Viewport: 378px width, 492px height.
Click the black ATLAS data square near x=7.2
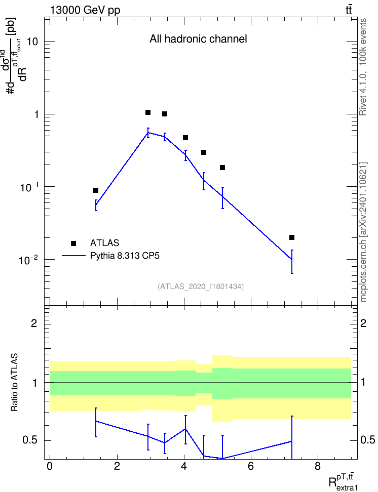click(x=291, y=237)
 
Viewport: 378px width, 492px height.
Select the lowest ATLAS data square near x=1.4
click(x=96, y=190)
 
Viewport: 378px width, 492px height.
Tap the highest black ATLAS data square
click(x=147, y=112)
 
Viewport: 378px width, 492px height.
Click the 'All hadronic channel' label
click(x=198, y=39)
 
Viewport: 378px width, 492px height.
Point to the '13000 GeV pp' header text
click(x=85, y=10)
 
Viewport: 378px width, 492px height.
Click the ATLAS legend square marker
click(x=73, y=243)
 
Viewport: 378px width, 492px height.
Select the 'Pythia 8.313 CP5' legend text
click(x=125, y=256)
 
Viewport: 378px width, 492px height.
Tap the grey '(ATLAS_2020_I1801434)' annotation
click(x=201, y=286)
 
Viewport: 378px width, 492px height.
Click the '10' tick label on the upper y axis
click(x=32, y=42)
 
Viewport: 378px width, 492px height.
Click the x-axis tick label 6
click(x=251, y=466)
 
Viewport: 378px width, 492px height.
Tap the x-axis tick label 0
click(x=50, y=466)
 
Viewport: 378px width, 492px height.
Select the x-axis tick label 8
click(x=318, y=466)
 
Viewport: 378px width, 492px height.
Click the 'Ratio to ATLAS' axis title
click(x=14, y=382)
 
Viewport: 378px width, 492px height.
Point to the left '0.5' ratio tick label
click(x=30, y=440)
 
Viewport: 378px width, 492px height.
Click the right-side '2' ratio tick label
click(x=363, y=323)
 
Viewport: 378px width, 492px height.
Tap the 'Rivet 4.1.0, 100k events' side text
click(x=363, y=67)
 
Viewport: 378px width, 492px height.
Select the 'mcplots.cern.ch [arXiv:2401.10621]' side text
click(x=363, y=232)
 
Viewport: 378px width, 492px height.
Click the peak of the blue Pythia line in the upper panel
click(x=148, y=133)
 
